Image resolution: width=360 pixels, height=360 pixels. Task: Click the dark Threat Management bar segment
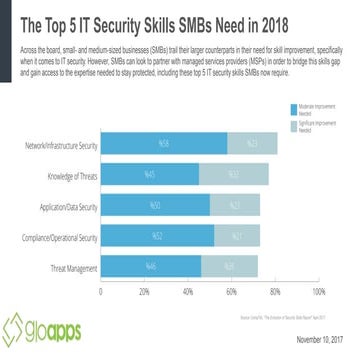point(151,266)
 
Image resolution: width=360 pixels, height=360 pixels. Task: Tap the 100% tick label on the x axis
point(318,292)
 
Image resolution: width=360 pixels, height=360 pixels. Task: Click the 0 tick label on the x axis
point(101,292)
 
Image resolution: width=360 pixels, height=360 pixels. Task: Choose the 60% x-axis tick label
point(231,292)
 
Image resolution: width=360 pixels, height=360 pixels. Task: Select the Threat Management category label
point(73,266)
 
